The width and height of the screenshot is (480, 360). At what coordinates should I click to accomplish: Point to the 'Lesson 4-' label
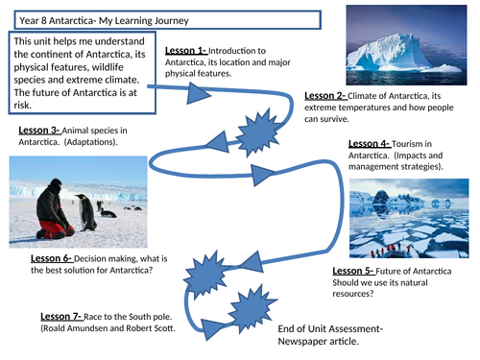(370, 143)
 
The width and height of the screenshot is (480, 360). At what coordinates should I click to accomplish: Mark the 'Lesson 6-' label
(52, 258)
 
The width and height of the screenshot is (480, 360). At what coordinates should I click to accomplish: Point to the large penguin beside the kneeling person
(87, 211)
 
